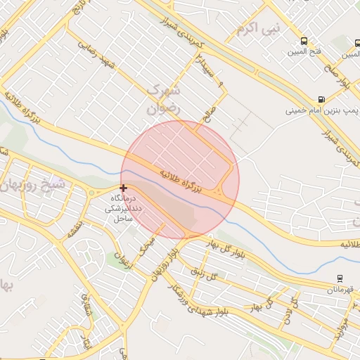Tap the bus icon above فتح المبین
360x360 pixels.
pos(304,41)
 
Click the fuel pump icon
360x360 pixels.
pos(321,100)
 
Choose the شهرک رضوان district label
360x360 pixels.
pos(164,101)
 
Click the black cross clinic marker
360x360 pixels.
pos(124,188)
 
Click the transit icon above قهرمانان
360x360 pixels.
pos(340,278)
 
